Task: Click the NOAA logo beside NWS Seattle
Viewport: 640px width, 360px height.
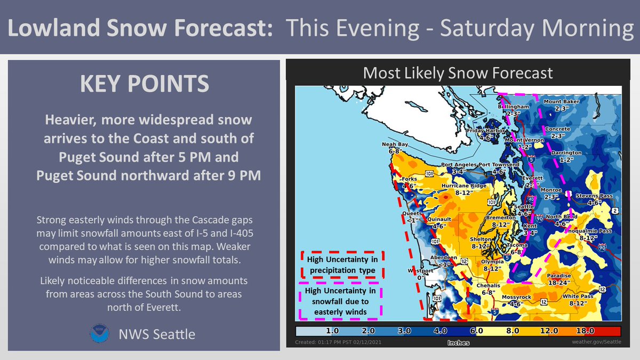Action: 99,334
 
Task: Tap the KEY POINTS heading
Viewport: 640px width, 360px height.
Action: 144,85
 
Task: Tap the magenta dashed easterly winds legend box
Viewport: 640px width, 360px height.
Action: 341,302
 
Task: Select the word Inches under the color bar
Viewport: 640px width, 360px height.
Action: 459,343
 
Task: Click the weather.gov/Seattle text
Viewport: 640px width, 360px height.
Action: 596,342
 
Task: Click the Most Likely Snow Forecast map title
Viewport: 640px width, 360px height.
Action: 458,73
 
